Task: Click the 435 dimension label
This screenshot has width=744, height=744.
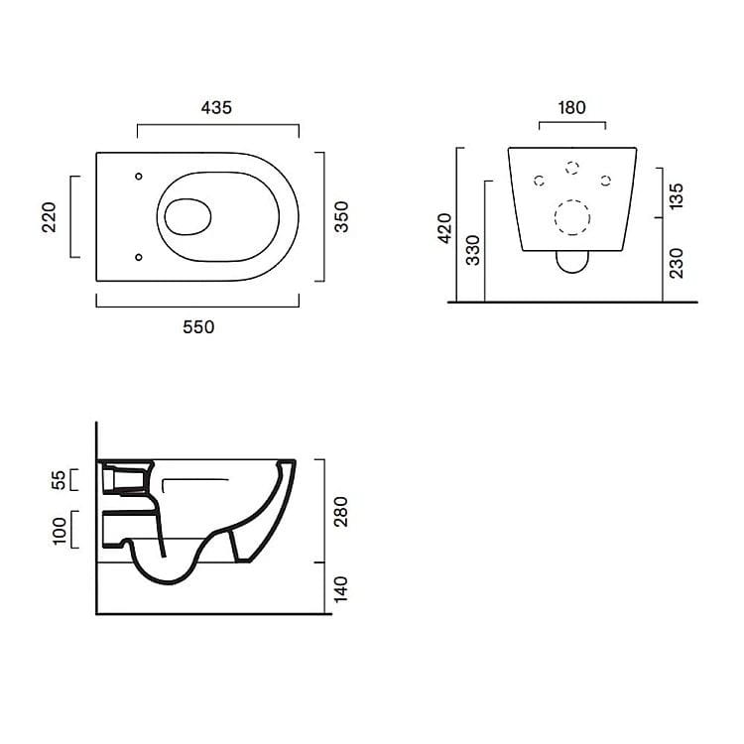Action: pyautogui.click(x=216, y=108)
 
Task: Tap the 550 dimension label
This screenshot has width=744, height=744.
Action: pyautogui.click(x=198, y=327)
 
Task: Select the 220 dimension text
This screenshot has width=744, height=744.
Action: pyautogui.click(x=49, y=217)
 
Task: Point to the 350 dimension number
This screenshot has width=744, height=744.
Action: pyautogui.click(x=341, y=217)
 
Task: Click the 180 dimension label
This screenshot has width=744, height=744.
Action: pyautogui.click(x=571, y=108)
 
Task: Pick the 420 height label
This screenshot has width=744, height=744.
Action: pyautogui.click(x=445, y=229)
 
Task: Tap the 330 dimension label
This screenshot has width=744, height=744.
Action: pyautogui.click(x=472, y=250)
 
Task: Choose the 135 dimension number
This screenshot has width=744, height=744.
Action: pyautogui.click(x=676, y=195)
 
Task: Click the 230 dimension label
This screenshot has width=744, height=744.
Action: pyautogui.click(x=676, y=263)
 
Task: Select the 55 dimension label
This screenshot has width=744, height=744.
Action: pyautogui.click(x=59, y=480)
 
